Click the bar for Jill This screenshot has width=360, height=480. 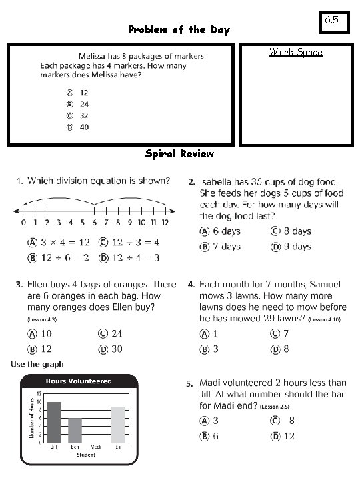click(x=54, y=422)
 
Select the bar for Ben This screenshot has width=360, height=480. click(x=75, y=430)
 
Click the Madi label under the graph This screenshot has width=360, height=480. click(x=95, y=447)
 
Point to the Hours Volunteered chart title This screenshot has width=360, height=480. click(x=78, y=381)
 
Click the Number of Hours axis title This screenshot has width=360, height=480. click(x=31, y=418)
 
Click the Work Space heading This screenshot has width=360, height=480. click(x=295, y=52)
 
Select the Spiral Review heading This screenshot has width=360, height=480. click(x=179, y=154)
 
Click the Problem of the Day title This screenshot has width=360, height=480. click(x=179, y=30)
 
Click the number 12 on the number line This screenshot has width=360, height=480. click(x=164, y=222)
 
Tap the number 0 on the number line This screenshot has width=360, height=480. click(x=23, y=222)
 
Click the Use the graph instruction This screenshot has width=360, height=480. click(x=37, y=364)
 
